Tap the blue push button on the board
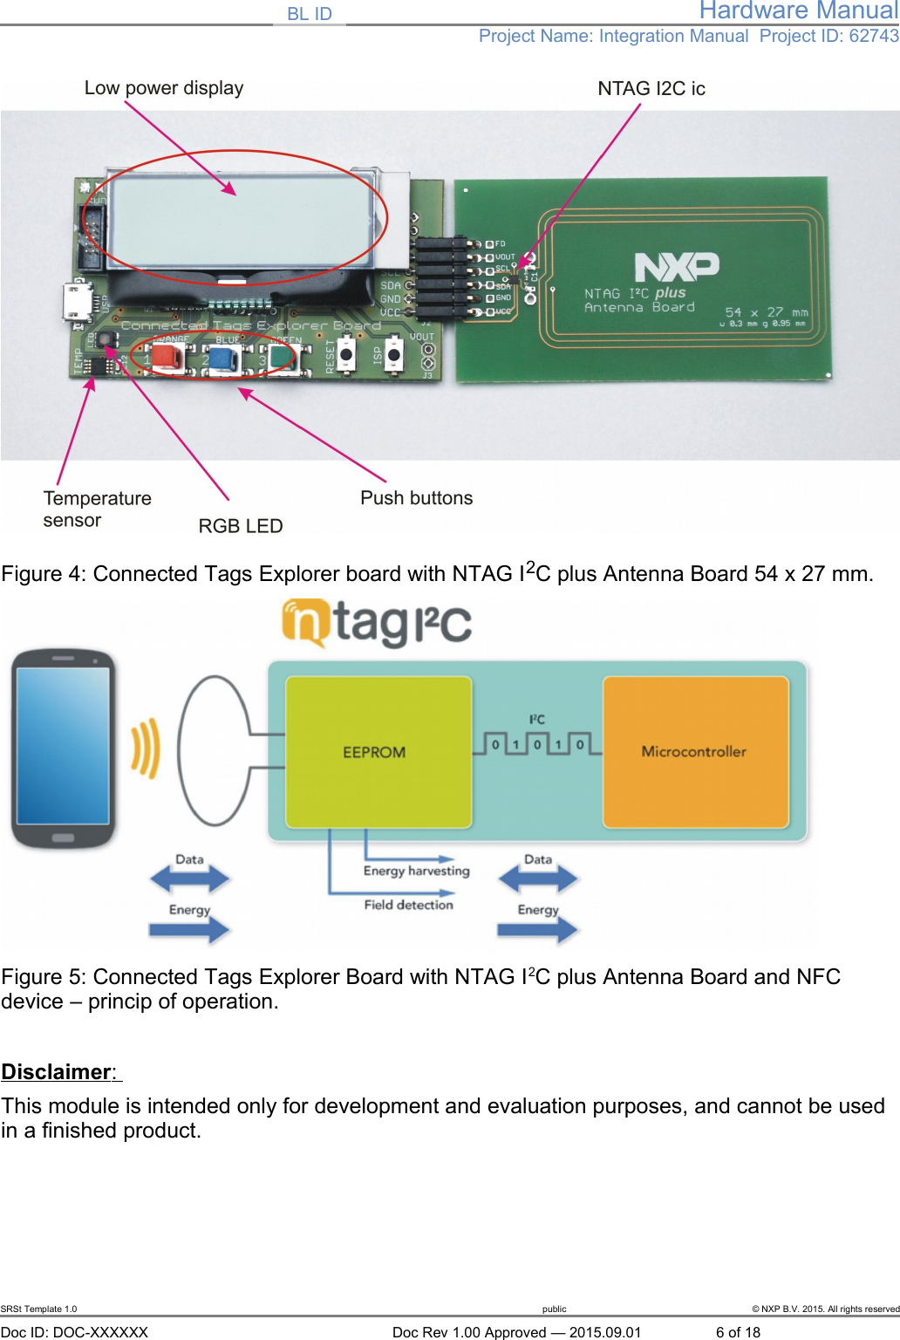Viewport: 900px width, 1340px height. [x=225, y=358]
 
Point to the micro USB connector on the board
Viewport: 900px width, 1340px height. [x=77, y=302]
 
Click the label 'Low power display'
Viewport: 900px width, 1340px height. [x=164, y=88]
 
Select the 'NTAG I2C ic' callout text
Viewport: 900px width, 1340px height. [x=651, y=89]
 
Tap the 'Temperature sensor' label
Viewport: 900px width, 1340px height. [x=97, y=509]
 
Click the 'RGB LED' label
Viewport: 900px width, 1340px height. [x=241, y=526]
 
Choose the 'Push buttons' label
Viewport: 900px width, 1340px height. [x=417, y=498]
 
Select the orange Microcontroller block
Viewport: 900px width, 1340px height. [x=695, y=752]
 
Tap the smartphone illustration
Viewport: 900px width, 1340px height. [x=63, y=749]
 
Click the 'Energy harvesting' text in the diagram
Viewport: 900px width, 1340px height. [x=416, y=871]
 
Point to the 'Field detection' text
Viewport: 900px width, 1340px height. [x=408, y=906]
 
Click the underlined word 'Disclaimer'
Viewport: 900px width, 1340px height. [x=58, y=1072]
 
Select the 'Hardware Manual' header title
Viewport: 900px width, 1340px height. [x=798, y=11]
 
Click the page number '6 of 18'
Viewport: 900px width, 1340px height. [x=738, y=1332]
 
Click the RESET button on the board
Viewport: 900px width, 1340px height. [x=346, y=355]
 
